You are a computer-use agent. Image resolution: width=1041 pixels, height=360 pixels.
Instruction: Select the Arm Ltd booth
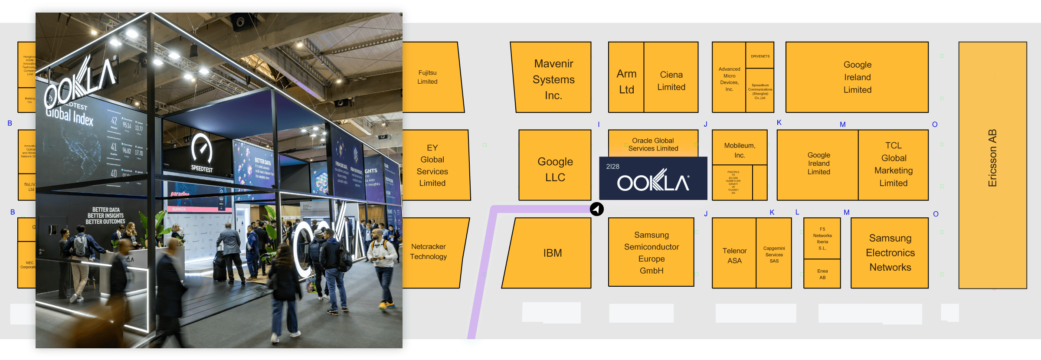click(626, 81)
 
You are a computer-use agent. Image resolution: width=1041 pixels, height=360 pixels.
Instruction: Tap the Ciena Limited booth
click(671, 81)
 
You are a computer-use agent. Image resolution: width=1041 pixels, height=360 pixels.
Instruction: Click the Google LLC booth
click(555, 169)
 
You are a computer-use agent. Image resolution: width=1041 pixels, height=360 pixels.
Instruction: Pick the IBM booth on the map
click(552, 253)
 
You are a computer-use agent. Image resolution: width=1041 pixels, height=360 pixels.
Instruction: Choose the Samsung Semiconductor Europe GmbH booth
click(651, 252)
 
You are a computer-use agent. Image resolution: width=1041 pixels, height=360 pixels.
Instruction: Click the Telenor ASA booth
click(734, 255)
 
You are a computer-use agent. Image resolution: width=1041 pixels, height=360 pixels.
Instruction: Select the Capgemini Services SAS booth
click(774, 255)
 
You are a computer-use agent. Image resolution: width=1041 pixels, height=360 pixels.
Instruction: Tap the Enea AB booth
click(822, 274)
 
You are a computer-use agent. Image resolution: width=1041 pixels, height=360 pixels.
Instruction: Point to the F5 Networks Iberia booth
click(822, 239)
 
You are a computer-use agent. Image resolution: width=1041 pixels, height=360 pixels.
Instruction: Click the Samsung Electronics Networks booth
click(890, 252)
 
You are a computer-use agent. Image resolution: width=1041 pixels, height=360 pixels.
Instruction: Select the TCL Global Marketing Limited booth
click(893, 164)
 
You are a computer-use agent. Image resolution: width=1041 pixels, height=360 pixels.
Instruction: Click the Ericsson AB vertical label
click(992, 158)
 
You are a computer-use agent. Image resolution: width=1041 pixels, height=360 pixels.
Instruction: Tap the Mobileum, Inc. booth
click(740, 150)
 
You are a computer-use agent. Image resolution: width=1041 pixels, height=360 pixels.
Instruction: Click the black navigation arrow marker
click(597, 209)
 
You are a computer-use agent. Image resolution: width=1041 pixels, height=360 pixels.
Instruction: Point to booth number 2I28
click(612, 167)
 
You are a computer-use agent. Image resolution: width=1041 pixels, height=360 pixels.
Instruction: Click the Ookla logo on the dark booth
click(653, 181)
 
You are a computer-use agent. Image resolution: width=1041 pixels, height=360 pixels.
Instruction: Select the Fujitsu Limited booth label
click(427, 77)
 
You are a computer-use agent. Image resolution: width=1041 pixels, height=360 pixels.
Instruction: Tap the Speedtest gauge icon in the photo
click(202, 150)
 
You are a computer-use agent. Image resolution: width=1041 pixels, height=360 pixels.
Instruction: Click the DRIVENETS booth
click(760, 56)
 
